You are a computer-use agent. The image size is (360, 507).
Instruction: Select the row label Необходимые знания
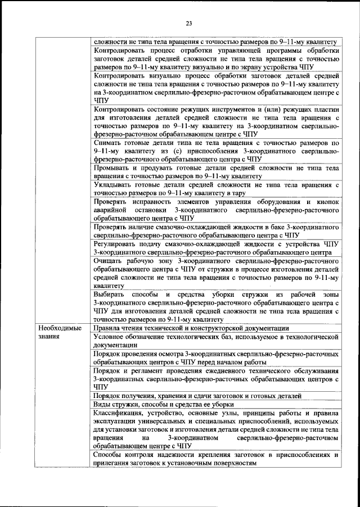[x=59, y=332]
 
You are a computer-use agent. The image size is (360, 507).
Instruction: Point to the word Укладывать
[x=113, y=184]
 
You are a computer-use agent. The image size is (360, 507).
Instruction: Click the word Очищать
[x=110, y=261]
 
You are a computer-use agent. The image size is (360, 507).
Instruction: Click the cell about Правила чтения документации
[x=191, y=328]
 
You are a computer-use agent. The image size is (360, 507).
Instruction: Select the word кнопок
[x=328, y=201]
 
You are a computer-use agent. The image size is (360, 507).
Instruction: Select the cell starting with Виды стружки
[x=152, y=404]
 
